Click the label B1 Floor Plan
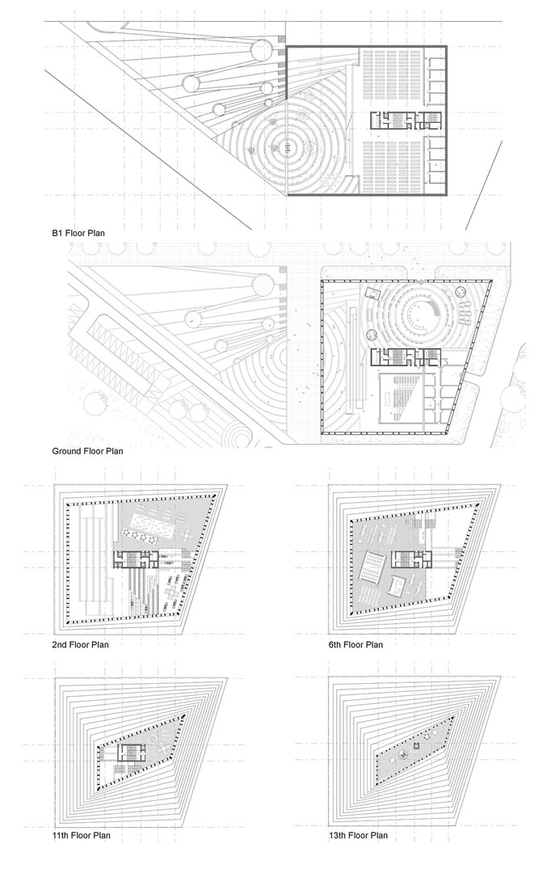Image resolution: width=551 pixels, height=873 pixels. [x=78, y=234]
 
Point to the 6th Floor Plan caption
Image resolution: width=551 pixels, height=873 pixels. [x=355, y=645]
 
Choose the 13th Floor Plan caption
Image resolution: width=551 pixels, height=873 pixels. [x=358, y=835]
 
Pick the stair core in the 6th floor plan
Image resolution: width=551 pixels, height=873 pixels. [x=411, y=559]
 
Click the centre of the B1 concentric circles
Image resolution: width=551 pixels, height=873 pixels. [x=287, y=146]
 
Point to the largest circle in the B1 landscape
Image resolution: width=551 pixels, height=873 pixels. [x=261, y=51]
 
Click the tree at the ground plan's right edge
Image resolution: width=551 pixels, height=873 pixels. [x=511, y=396]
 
